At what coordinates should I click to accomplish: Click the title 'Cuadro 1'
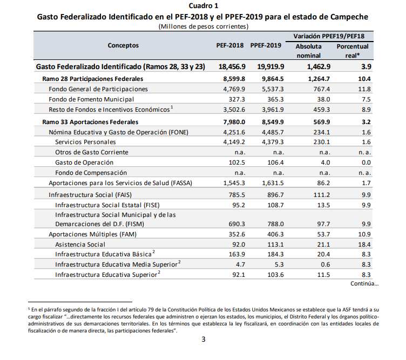click(x=203, y=6)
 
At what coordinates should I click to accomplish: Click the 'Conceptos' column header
click(x=123, y=45)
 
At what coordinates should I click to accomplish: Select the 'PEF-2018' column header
click(x=230, y=45)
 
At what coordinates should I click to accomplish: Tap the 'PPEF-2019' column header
click(x=266, y=45)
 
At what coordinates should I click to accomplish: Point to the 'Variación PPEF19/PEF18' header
click(x=329, y=36)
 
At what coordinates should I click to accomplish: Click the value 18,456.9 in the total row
click(x=232, y=67)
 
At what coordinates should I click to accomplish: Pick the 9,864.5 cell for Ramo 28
click(x=273, y=79)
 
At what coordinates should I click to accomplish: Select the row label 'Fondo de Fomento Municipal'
click(x=91, y=99)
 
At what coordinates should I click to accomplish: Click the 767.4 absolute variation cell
click(x=322, y=89)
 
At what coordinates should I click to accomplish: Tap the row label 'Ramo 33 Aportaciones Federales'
click(x=90, y=122)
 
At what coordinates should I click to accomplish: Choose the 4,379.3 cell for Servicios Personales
click(x=273, y=142)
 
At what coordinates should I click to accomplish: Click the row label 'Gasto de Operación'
click(x=84, y=162)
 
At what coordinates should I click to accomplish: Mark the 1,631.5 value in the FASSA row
click(x=273, y=183)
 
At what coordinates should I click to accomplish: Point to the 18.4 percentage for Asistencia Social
click(x=364, y=244)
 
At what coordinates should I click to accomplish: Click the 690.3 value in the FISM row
click(x=236, y=224)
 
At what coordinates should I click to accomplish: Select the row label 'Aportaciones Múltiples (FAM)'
click(x=92, y=234)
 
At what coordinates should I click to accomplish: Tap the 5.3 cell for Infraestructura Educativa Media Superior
click(x=279, y=264)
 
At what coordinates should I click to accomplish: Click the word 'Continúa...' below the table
click(x=364, y=284)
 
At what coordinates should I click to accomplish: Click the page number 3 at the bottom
click(x=204, y=339)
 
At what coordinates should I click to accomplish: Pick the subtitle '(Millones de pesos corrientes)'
click(x=204, y=26)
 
